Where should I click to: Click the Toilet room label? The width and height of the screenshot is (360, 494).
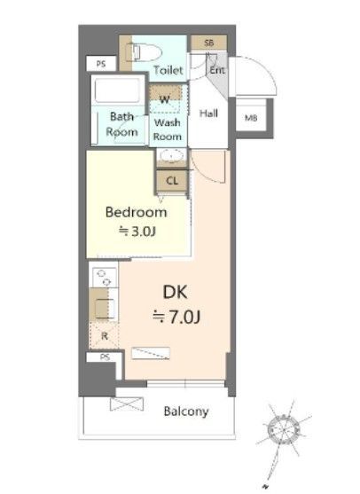pos(168,70)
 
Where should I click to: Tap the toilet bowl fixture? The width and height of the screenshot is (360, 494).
pos(145,52)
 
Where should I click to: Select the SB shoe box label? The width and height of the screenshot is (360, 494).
pos(209,43)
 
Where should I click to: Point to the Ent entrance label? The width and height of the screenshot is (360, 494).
pos(217,70)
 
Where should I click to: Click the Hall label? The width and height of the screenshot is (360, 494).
pos(208,114)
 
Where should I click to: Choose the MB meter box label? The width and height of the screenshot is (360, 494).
pos(251,118)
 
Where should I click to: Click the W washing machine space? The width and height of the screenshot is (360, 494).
pos(165,98)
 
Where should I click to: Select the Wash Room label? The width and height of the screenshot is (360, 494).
pos(168,129)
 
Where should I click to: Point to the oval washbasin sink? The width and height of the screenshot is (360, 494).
pos(171,156)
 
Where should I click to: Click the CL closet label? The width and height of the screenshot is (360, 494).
pos(172,181)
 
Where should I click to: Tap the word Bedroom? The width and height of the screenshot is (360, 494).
pos(136,212)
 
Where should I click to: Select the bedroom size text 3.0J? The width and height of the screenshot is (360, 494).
pos(137,231)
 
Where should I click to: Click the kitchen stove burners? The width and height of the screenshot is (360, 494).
pos(105,278)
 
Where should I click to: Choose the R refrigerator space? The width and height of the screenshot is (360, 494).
pos(104,335)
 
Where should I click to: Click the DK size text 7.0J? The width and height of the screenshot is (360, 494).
pos(176,317)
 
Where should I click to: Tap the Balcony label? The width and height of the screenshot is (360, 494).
pos(186,412)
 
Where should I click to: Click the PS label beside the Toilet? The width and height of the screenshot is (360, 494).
pos(101,64)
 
